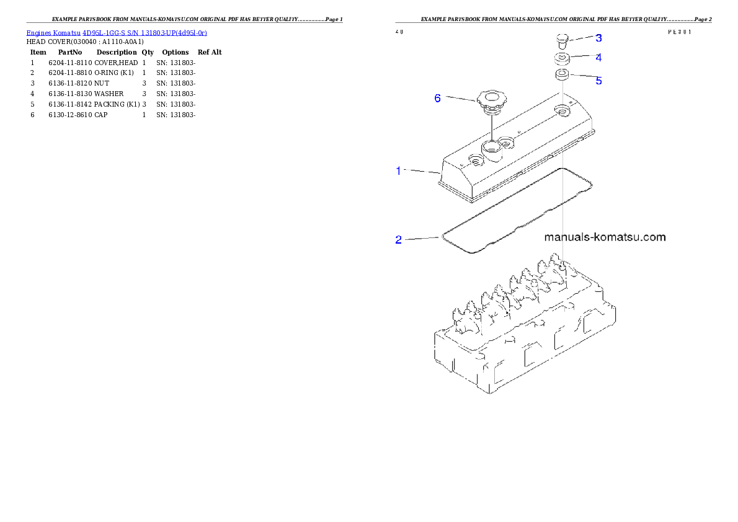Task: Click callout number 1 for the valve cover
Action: click(x=399, y=170)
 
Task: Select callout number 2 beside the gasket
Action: click(x=399, y=240)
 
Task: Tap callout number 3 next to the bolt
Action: click(x=598, y=38)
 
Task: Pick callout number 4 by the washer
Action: click(x=598, y=58)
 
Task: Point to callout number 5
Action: click(x=598, y=81)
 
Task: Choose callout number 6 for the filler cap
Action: click(x=438, y=98)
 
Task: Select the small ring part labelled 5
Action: click(x=562, y=76)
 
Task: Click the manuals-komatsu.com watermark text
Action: click(x=605, y=237)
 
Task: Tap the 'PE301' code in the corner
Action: click(x=680, y=31)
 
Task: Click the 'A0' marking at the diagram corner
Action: click(x=400, y=31)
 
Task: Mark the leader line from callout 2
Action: click(x=421, y=237)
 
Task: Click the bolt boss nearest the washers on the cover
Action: click(x=563, y=110)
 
